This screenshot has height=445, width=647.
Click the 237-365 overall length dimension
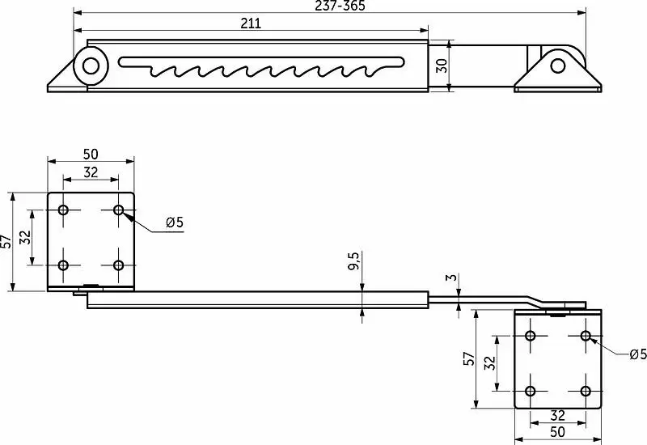point(340,6)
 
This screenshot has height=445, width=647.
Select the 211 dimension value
point(251,23)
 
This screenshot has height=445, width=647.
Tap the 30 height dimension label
point(442,66)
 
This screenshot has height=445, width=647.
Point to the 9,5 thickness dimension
point(353,261)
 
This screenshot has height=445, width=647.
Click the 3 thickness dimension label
point(453,277)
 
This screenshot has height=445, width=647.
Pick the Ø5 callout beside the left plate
point(174,222)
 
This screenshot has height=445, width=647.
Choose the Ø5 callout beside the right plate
point(638,354)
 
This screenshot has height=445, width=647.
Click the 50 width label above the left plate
point(91,154)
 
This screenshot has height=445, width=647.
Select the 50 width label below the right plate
point(557,432)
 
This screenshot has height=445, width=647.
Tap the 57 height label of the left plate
point(6,241)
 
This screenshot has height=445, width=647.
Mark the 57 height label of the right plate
point(469,358)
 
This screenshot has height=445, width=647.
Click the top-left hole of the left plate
point(63,210)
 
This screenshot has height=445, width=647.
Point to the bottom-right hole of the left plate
point(118,265)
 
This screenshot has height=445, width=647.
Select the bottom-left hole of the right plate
point(531,391)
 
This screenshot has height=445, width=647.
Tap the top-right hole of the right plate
point(586,335)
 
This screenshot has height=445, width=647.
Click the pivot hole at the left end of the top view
point(91,66)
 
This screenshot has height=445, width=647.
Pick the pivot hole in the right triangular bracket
point(558,66)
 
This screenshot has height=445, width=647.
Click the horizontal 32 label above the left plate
point(91,172)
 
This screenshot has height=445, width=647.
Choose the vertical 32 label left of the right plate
point(489,362)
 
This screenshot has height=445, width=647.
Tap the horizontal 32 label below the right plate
point(557,415)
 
